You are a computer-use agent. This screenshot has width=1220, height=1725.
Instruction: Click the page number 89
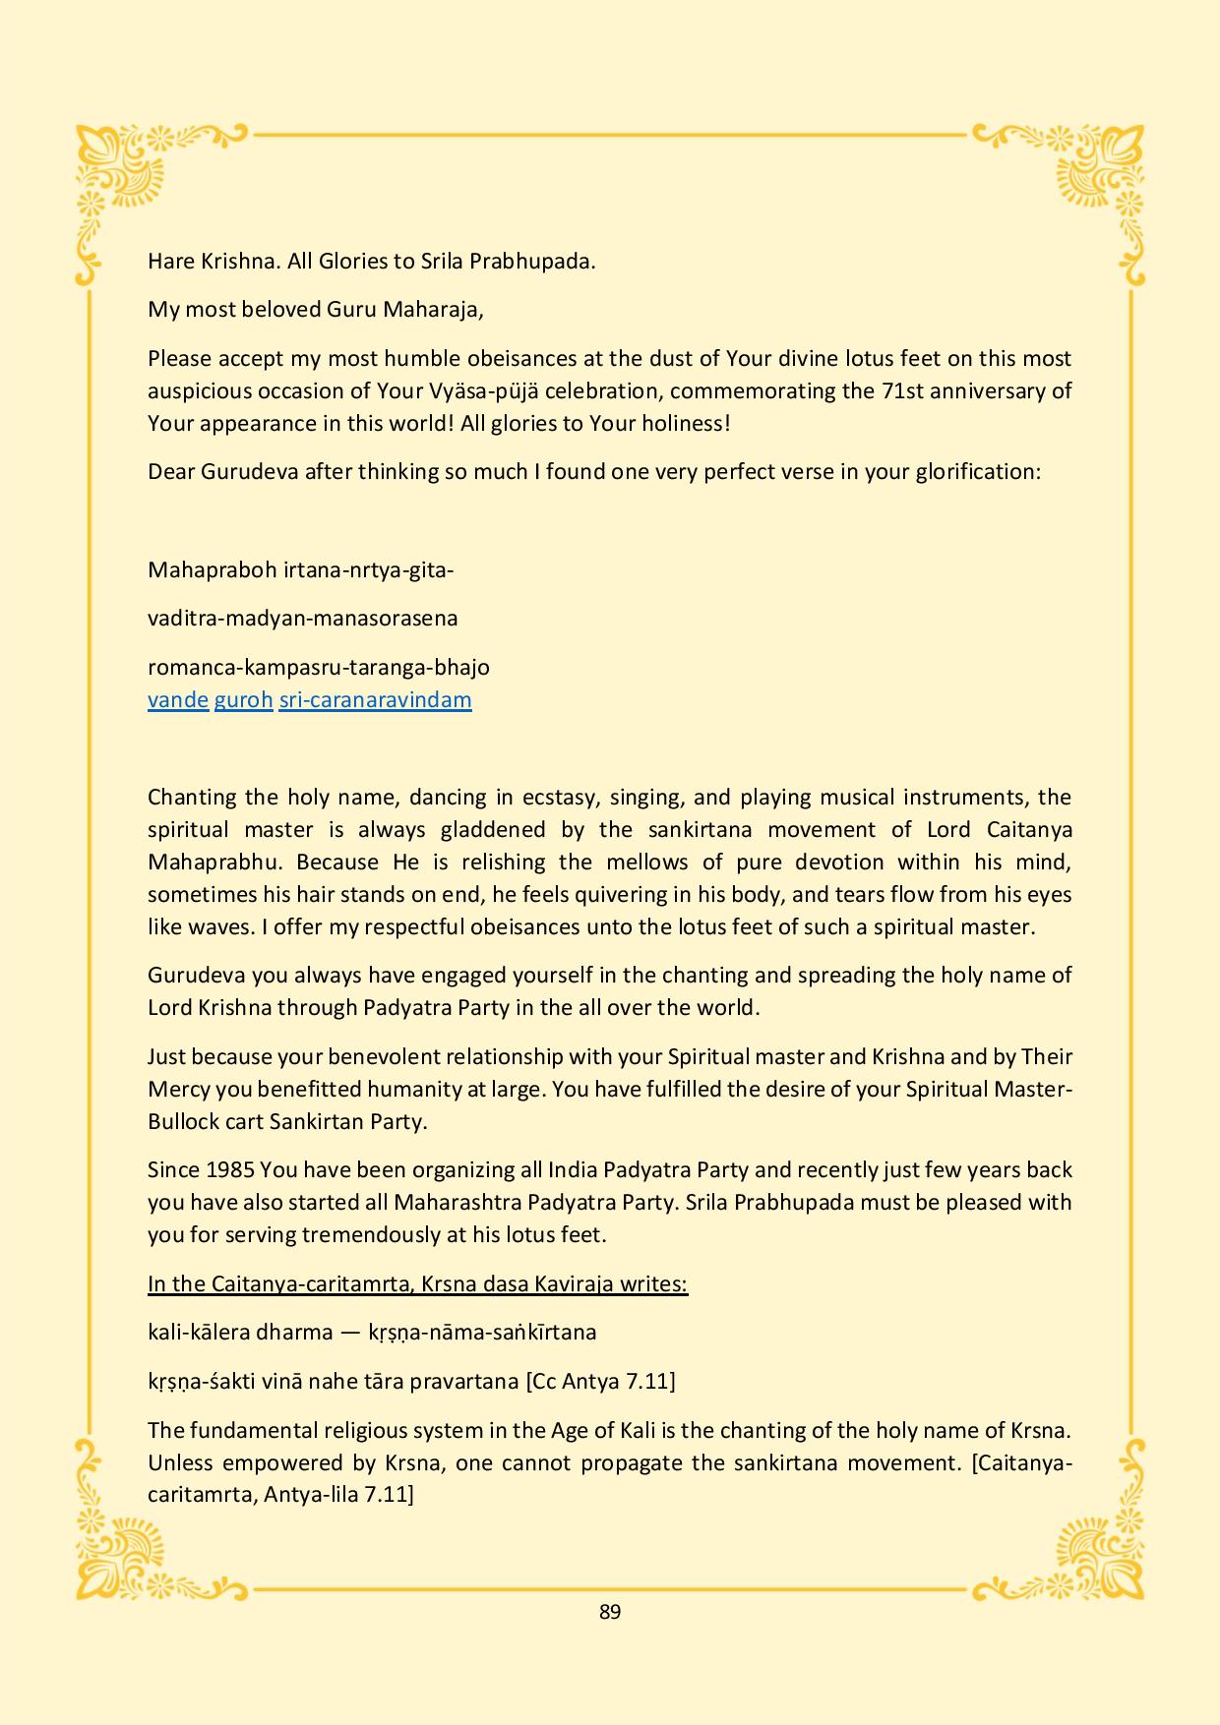pyautogui.click(x=609, y=1612)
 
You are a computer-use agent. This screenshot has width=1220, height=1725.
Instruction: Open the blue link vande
pyautogui.click(x=178, y=700)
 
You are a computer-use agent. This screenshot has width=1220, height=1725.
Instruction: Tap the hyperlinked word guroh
pyautogui.click(x=243, y=700)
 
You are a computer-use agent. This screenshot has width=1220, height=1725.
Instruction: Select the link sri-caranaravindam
pyautogui.click(x=375, y=700)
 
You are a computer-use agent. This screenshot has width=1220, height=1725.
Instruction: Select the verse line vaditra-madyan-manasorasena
pyautogui.click(x=302, y=619)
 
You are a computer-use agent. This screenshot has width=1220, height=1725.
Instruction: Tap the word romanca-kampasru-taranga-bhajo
pyautogui.click(x=318, y=668)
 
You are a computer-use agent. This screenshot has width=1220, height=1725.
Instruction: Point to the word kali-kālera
pyautogui.click(x=198, y=1333)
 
